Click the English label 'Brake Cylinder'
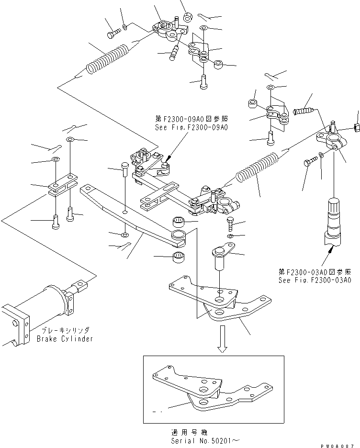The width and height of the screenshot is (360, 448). coord(65,339)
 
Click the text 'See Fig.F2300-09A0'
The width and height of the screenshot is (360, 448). coord(191,128)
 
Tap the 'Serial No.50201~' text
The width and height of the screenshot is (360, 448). coord(197,440)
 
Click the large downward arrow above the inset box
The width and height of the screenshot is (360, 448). coord(222,340)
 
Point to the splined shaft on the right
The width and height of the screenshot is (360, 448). coord(332,218)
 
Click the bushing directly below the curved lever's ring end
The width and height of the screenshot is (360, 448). coord(179,256)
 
